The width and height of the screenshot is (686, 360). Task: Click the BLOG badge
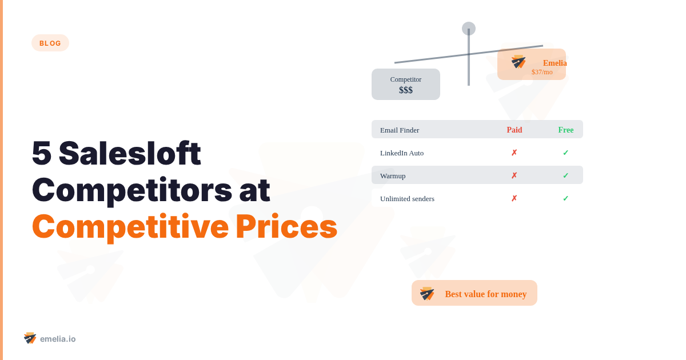50,43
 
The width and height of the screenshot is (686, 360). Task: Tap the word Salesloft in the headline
130,153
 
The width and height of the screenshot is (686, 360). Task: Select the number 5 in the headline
41,153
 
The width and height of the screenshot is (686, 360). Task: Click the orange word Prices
286,226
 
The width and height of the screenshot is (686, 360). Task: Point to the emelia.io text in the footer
58,339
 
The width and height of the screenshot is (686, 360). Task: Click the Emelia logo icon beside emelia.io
30,338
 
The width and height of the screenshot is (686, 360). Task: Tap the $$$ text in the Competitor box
406,90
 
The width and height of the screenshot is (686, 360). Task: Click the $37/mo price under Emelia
542,72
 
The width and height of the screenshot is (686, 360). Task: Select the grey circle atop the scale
469,29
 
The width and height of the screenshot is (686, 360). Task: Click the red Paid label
514,130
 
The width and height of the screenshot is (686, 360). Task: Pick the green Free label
566,130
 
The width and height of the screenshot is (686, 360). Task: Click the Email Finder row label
400,130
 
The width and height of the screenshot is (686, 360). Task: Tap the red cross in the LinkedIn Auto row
514,153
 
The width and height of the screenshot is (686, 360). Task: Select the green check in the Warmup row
565,175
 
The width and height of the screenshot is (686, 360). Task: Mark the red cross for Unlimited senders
514,198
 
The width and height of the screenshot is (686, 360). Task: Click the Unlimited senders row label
407,199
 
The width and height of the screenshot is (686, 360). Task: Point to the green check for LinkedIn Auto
565,153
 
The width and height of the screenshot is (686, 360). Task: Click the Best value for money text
486,294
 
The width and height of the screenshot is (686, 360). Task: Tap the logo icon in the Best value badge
427,294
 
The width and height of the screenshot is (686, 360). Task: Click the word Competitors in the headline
132,191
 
